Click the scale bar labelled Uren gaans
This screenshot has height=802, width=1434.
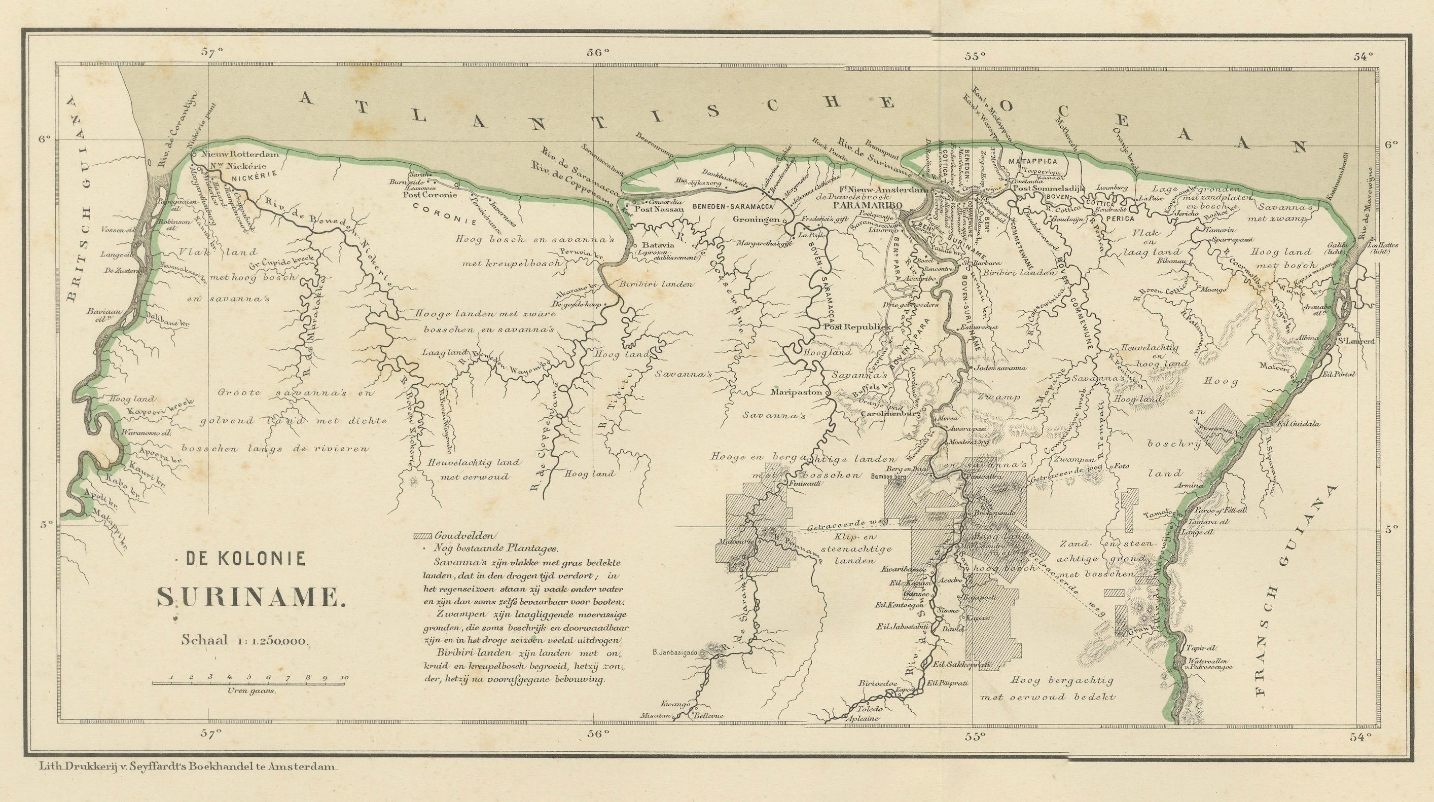pos(250,681)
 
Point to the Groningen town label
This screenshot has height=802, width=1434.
pos(756,220)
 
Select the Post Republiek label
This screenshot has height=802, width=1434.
pos(854,328)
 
